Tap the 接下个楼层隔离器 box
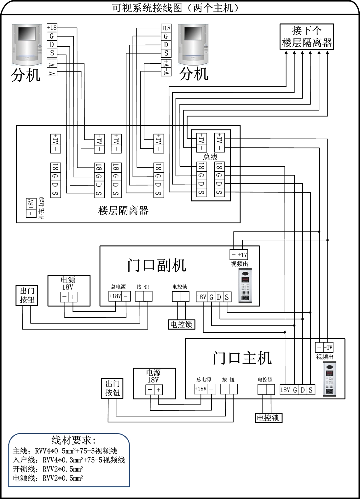coord(307,37)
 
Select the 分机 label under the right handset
coord(194,73)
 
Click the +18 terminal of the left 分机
coord(52,28)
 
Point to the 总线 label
coord(210,157)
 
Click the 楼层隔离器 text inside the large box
coord(123,210)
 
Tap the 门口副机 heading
coord(157,265)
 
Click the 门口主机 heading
coord(242,358)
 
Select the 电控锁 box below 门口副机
coord(181,324)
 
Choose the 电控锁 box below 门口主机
coord(268,418)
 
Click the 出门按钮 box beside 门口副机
coord(27,295)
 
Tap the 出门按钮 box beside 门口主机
coord(113,388)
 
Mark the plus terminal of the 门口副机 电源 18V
coord(73,297)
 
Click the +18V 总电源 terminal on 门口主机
coord(200,389)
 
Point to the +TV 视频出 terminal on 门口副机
coord(243,255)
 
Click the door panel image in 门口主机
coord(329,379)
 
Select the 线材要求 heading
coord(73,440)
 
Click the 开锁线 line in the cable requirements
coord(48,469)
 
